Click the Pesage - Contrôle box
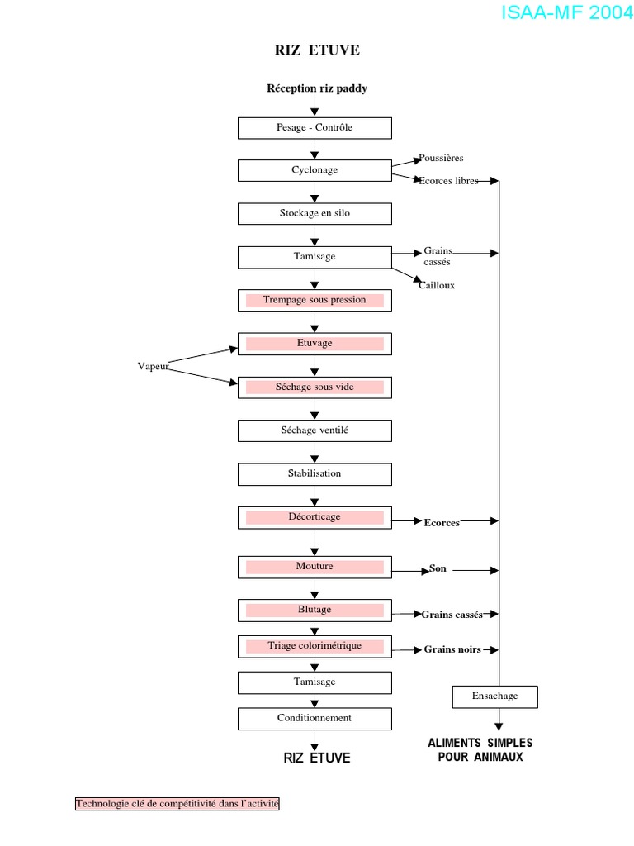click(x=315, y=128)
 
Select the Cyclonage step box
click(x=315, y=170)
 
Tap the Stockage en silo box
click(x=315, y=213)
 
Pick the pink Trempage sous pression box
click(x=315, y=300)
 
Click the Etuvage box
click(x=315, y=344)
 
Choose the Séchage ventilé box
click(x=315, y=430)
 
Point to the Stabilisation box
click(x=315, y=474)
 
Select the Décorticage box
click(x=315, y=517)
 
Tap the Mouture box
click(x=315, y=567)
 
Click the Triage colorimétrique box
click(x=315, y=646)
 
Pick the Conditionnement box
click(x=315, y=719)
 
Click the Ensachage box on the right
click(x=495, y=696)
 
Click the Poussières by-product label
click(x=441, y=158)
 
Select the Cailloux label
click(x=437, y=286)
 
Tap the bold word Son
click(x=438, y=569)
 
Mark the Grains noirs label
click(x=452, y=650)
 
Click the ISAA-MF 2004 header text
click(x=566, y=13)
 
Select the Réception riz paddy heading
click(x=317, y=88)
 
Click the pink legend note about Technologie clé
click(x=177, y=803)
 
